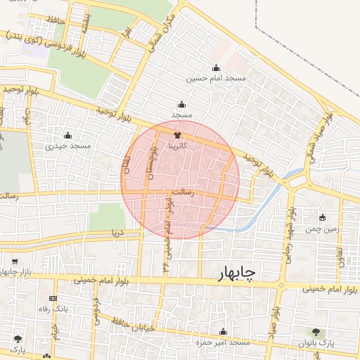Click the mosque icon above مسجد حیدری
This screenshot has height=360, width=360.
68,135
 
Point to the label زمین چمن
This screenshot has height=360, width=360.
323,229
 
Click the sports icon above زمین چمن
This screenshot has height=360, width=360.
323,217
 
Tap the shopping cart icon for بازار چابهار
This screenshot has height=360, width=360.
15,262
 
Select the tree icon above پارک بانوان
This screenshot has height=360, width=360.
315,331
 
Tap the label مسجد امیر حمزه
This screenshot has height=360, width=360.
224,342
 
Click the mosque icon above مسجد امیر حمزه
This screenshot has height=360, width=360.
224,331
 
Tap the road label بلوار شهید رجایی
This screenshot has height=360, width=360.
288,233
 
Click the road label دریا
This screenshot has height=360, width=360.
118,231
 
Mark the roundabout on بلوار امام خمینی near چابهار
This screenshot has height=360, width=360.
282,285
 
